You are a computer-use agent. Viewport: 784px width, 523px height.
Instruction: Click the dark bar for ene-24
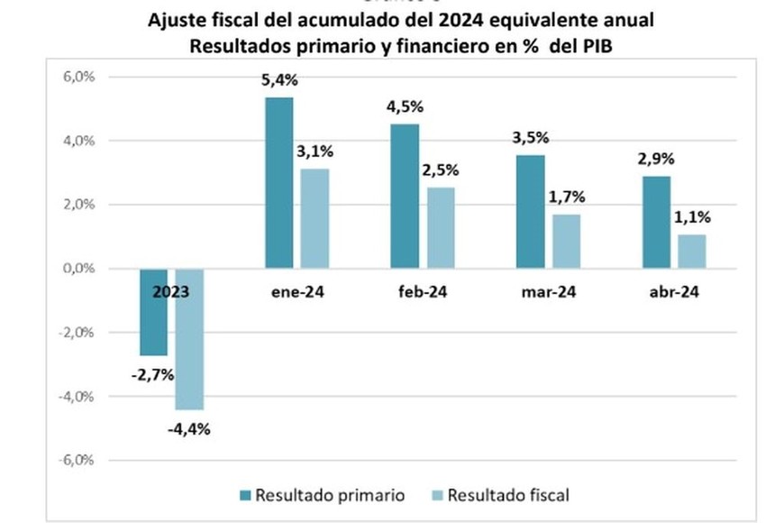279,182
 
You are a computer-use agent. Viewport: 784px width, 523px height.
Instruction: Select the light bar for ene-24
315,218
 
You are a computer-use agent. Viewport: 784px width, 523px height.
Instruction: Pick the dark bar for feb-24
405,196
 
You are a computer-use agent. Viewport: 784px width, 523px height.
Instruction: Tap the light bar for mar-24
567,241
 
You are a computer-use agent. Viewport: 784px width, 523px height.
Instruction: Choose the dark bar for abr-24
656,222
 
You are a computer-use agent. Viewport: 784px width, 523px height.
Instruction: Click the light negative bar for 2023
189,339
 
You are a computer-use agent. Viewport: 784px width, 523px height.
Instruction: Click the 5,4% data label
279,80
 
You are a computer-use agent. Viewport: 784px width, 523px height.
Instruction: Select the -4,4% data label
188,428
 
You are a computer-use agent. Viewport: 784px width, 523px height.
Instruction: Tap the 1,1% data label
693,216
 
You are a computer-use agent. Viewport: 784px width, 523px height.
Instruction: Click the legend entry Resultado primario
321,495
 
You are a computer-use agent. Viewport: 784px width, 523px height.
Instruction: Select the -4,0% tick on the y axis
79,397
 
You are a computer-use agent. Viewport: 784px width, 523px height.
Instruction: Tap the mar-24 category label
548,292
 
